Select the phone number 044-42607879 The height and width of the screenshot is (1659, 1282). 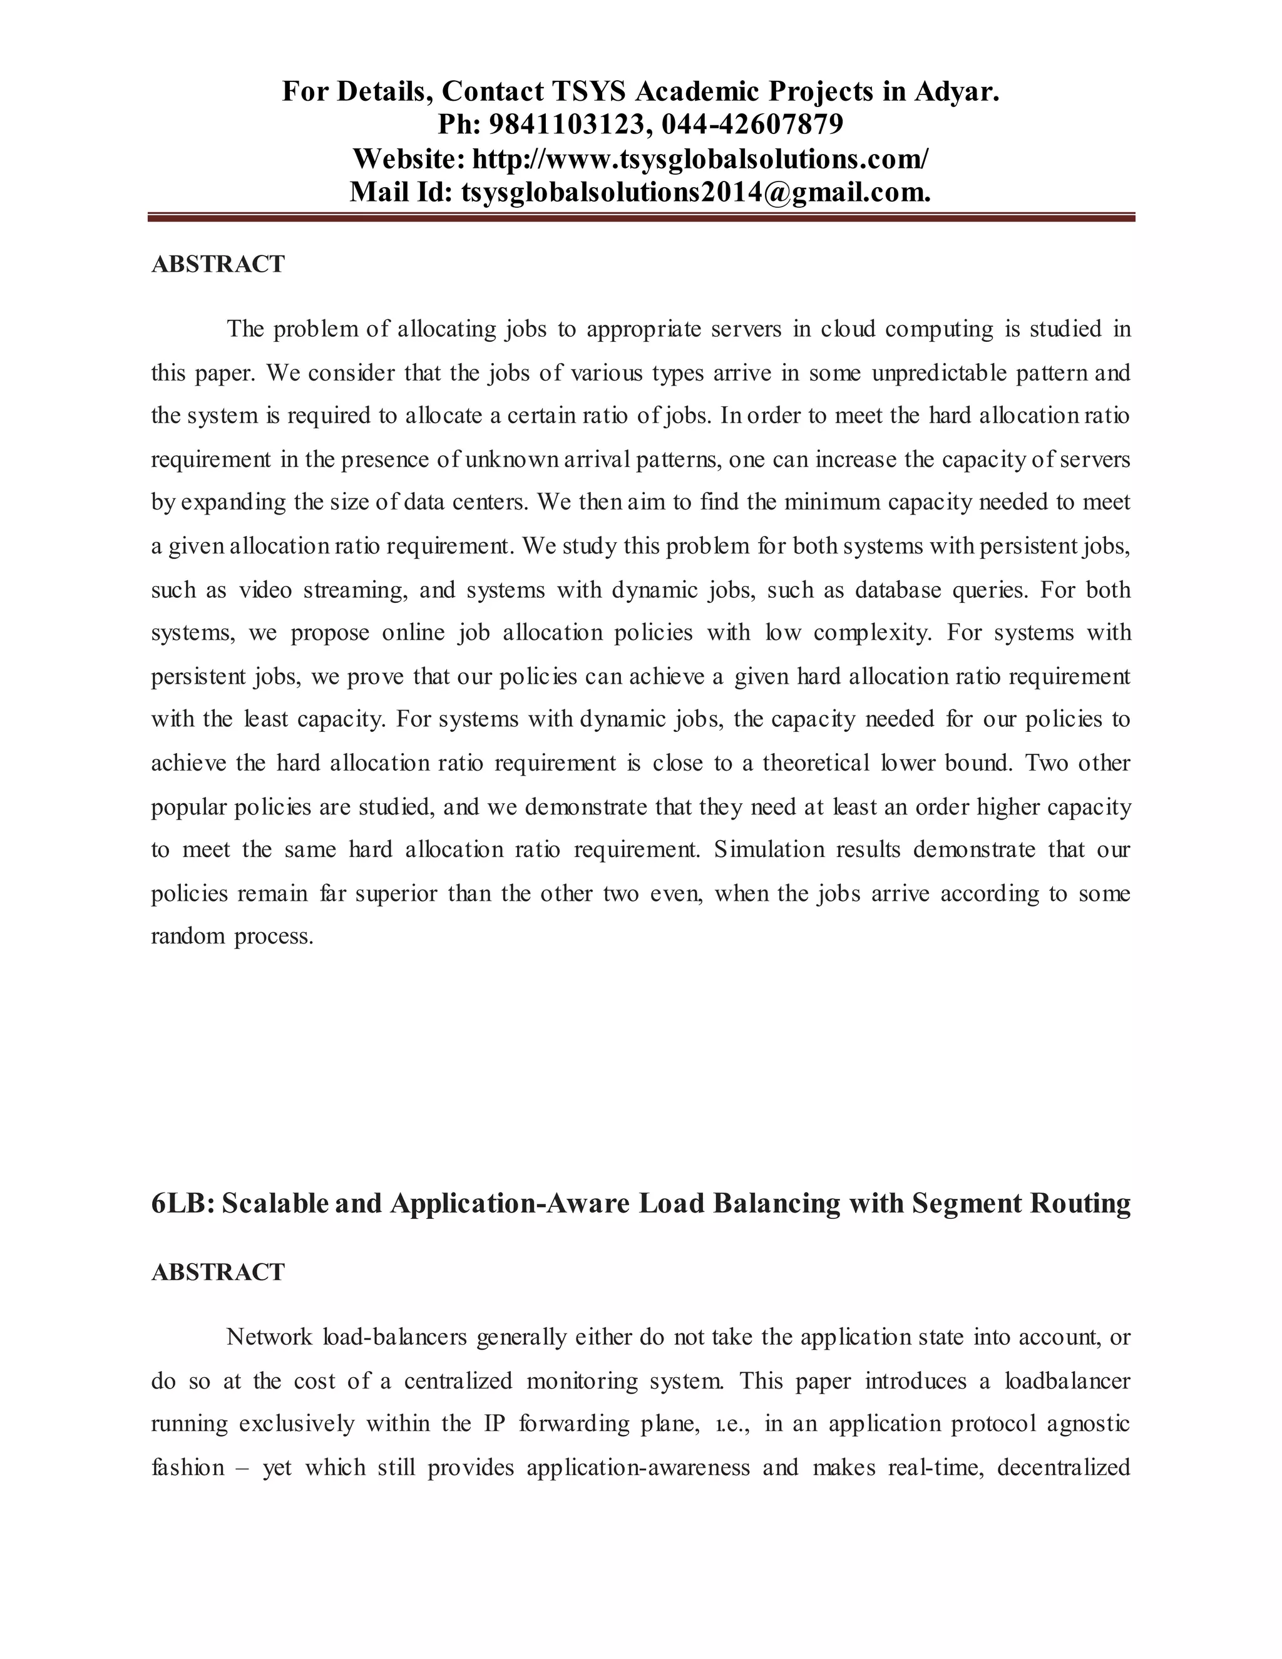click(x=752, y=124)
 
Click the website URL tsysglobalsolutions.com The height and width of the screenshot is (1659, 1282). click(x=699, y=159)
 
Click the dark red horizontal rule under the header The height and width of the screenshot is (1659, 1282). click(x=640, y=218)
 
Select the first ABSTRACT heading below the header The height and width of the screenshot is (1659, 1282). click(x=218, y=264)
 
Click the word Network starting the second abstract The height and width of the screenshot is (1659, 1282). click(x=269, y=1338)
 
